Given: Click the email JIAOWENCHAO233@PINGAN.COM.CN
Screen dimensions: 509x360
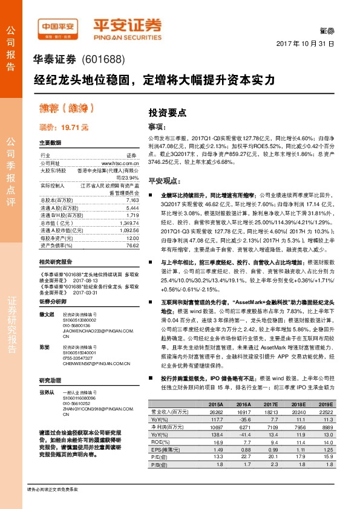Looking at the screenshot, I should [x=96, y=331].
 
